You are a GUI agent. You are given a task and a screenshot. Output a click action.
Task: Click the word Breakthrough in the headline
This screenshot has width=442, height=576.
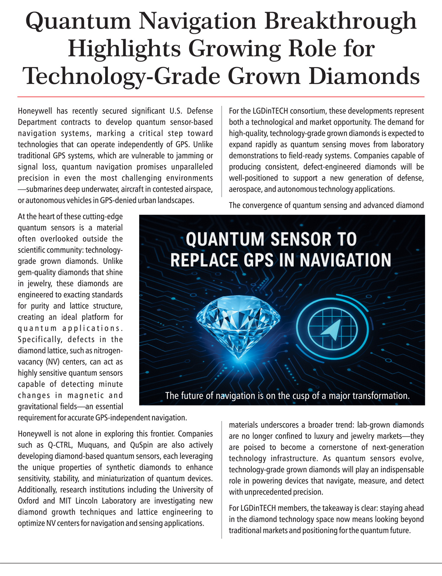tap(340, 21)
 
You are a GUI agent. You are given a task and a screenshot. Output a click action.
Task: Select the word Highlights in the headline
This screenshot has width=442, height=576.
tap(125, 49)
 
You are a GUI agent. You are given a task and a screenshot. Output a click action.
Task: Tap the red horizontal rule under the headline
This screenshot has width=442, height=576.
tap(221, 97)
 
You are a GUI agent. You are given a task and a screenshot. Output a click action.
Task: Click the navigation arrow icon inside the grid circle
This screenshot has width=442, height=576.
tap(332, 329)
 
